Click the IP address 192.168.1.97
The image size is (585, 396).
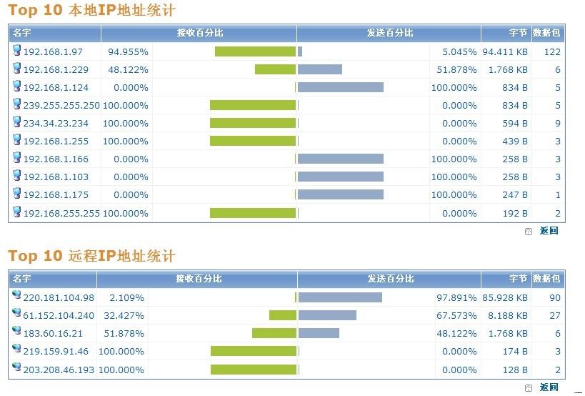coord(53,52)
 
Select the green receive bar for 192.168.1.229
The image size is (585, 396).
coord(275,69)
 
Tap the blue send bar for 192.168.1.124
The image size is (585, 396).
coord(341,87)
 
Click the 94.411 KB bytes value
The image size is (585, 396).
coord(505,52)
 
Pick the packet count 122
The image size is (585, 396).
coord(552,52)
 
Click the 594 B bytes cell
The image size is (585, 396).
coord(514,124)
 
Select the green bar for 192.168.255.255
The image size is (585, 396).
coord(252,213)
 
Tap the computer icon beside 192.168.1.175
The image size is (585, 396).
coord(17,194)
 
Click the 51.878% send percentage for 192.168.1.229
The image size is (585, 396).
coord(455,70)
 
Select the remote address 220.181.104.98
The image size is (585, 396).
coord(59,297)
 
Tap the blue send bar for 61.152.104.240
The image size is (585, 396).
coord(327,315)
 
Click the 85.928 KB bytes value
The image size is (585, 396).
coord(505,297)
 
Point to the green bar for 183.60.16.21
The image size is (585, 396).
coord(274,333)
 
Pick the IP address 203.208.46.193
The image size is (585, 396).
coord(59,370)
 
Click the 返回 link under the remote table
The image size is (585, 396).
coord(549,387)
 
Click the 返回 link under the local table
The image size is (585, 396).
coord(549,231)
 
